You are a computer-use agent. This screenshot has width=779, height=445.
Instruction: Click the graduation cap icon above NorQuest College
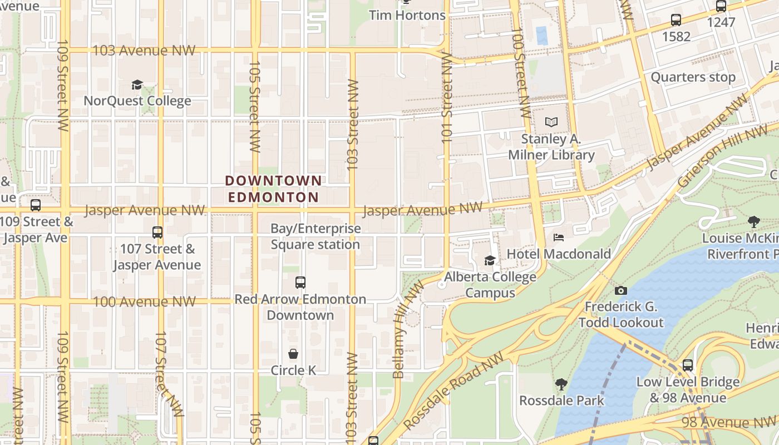click(137, 85)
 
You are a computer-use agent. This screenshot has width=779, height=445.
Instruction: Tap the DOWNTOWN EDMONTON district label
click(273, 189)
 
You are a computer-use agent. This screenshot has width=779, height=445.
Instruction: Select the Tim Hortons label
click(407, 15)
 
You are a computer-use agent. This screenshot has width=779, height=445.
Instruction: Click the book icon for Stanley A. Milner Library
click(551, 122)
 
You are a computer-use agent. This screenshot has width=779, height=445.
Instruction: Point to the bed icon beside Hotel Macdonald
click(559, 238)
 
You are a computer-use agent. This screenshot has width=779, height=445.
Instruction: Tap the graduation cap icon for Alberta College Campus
click(490, 260)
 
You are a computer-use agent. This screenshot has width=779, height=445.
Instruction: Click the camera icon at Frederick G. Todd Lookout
click(621, 290)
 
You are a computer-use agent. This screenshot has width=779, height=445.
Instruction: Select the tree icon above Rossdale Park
click(561, 384)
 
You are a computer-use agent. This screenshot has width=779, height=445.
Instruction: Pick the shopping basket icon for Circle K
click(293, 354)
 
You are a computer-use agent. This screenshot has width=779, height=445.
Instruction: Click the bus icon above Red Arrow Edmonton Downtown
click(300, 282)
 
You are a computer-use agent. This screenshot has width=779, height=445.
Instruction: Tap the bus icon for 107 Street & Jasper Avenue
click(157, 232)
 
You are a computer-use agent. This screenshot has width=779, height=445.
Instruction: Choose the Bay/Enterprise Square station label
click(315, 236)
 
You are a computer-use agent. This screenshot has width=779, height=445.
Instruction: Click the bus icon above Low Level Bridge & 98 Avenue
click(688, 365)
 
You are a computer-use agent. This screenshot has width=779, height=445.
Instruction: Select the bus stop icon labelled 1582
click(676, 21)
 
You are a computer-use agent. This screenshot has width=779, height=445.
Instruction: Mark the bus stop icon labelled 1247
click(721, 7)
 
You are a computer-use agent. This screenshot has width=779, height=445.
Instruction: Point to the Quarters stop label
click(693, 77)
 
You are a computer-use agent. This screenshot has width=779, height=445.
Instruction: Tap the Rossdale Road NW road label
click(453, 390)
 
